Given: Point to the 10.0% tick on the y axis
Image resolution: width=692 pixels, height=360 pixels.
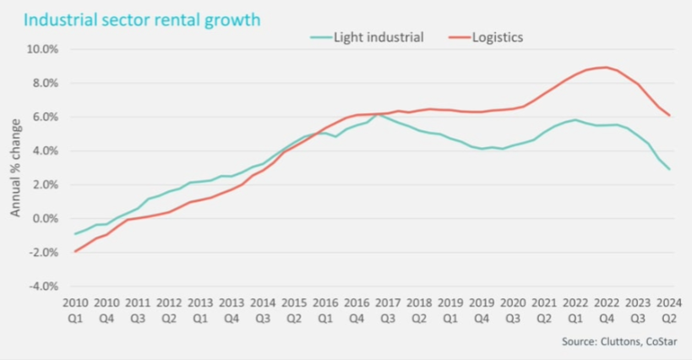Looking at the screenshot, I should [x=41, y=49].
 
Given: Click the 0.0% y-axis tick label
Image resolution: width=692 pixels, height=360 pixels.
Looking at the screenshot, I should [x=44, y=219].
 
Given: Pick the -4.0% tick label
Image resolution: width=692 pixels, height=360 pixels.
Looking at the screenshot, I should [x=42, y=286].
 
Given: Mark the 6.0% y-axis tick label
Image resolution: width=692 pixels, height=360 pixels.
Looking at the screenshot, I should [x=44, y=117].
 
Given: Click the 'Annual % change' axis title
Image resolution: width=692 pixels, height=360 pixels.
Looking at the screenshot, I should [x=16, y=168].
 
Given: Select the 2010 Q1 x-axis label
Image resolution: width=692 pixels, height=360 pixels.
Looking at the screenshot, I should [x=74, y=309].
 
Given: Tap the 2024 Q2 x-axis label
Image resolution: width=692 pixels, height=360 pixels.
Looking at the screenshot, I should [x=669, y=309].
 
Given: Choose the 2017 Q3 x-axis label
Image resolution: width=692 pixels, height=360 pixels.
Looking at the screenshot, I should [x=387, y=309].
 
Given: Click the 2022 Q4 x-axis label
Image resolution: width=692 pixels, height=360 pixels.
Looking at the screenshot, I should [x=606, y=309].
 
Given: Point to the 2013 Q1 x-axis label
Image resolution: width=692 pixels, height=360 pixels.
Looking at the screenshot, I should [x=199, y=309].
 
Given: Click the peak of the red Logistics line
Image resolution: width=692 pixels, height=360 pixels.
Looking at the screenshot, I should [x=603, y=67].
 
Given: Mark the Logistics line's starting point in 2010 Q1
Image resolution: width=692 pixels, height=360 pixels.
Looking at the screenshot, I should [x=74, y=251].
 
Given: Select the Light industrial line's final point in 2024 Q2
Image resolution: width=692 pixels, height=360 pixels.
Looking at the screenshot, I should [x=670, y=169].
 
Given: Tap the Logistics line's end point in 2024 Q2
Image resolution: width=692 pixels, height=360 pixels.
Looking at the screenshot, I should [x=670, y=116].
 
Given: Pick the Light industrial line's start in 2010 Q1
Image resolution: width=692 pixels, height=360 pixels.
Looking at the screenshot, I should [x=74, y=234].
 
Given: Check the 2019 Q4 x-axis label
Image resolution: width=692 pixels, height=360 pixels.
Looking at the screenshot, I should [x=481, y=309].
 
